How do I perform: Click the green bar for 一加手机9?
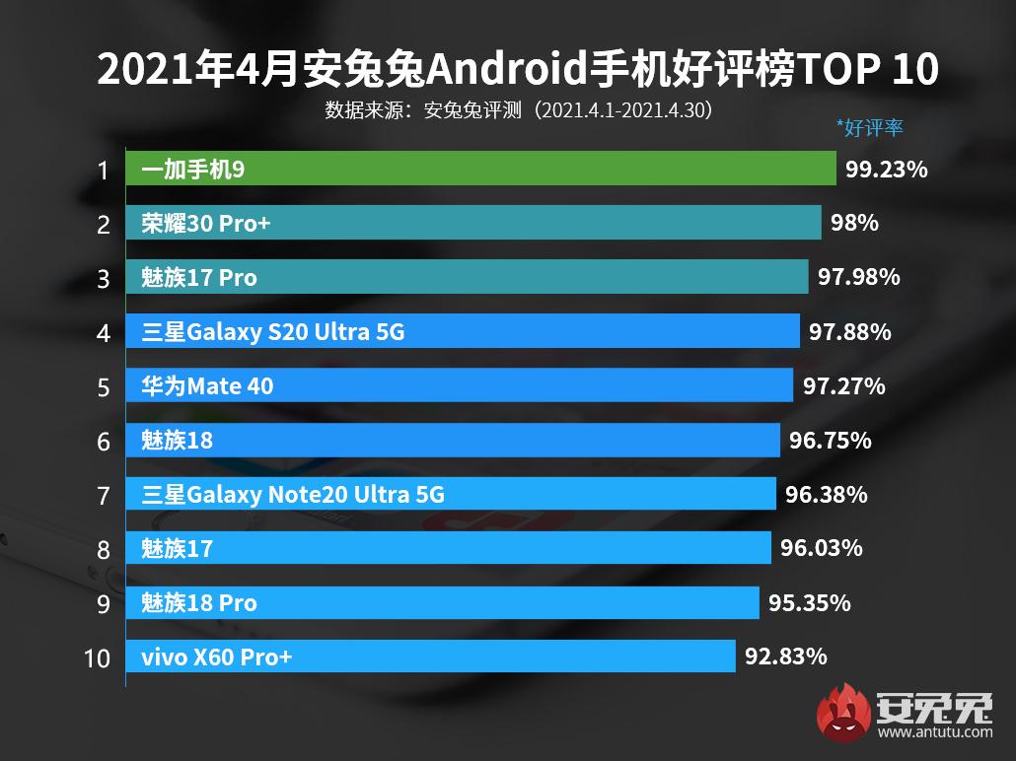(480, 170)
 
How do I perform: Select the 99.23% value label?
(886, 170)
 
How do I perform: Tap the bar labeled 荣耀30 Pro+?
(473, 224)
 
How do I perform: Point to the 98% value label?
(854, 224)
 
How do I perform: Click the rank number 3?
(104, 279)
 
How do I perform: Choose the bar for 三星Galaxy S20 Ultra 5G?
(463, 332)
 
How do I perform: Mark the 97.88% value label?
(849, 332)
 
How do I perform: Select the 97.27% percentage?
(843, 386)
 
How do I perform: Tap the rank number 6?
(104, 441)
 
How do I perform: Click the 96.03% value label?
(821, 547)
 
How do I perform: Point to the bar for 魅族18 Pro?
(442, 602)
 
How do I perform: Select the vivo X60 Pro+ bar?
(430, 656)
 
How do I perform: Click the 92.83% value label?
(785, 656)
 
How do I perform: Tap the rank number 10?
(98, 657)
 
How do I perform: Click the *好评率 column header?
(869, 127)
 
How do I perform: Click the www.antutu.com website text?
(933, 732)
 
